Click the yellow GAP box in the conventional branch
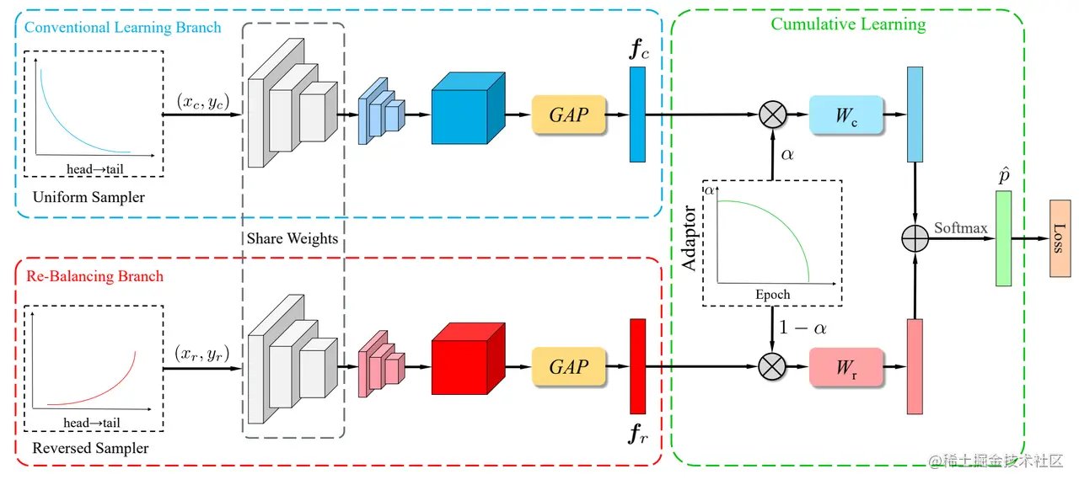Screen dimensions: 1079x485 pyautogui.click(x=568, y=115)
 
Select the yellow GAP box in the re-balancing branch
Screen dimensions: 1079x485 pyautogui.click(x=568, y=366)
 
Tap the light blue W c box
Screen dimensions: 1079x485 pyautogui.click(x=846, y=115)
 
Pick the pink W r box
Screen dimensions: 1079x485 pyautogui.click(x=846, y=367)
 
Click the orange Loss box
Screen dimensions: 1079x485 pyautogui.click(x=1060, y=238)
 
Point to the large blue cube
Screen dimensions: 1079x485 pyautogui.click(x=468, y=109)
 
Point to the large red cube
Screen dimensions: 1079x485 pyautogui.click(x=468, y=359)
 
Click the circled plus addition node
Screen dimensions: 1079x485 pyautogui.click(x=915, y=238)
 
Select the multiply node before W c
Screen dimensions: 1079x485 pyautogui.click(x=773, y=115)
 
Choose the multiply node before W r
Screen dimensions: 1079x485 pyautogui.click(x=772, y=366)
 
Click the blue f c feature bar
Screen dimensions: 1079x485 pyautogui.click(x=637, y=115)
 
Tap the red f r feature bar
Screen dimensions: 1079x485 pyautogui.click(x=638, y=366)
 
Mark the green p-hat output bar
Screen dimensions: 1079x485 pyautogui.click(x=1003, y=238)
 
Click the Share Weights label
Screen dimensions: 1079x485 pyautogui.click(x=293, y=238)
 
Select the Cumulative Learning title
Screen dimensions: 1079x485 pyautogui.click(x=848, y=24)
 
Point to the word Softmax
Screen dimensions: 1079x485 pyautogui.click(x=960, y=227)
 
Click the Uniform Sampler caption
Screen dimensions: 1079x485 pyautogui.click(x=89, y=197)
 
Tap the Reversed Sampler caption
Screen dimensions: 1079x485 pyautogui.click(x=90, y=448)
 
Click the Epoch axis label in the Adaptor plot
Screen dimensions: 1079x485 pyautogui.click(x=773, y=295)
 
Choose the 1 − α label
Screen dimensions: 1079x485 pyautogui.click(x=803, y=328)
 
